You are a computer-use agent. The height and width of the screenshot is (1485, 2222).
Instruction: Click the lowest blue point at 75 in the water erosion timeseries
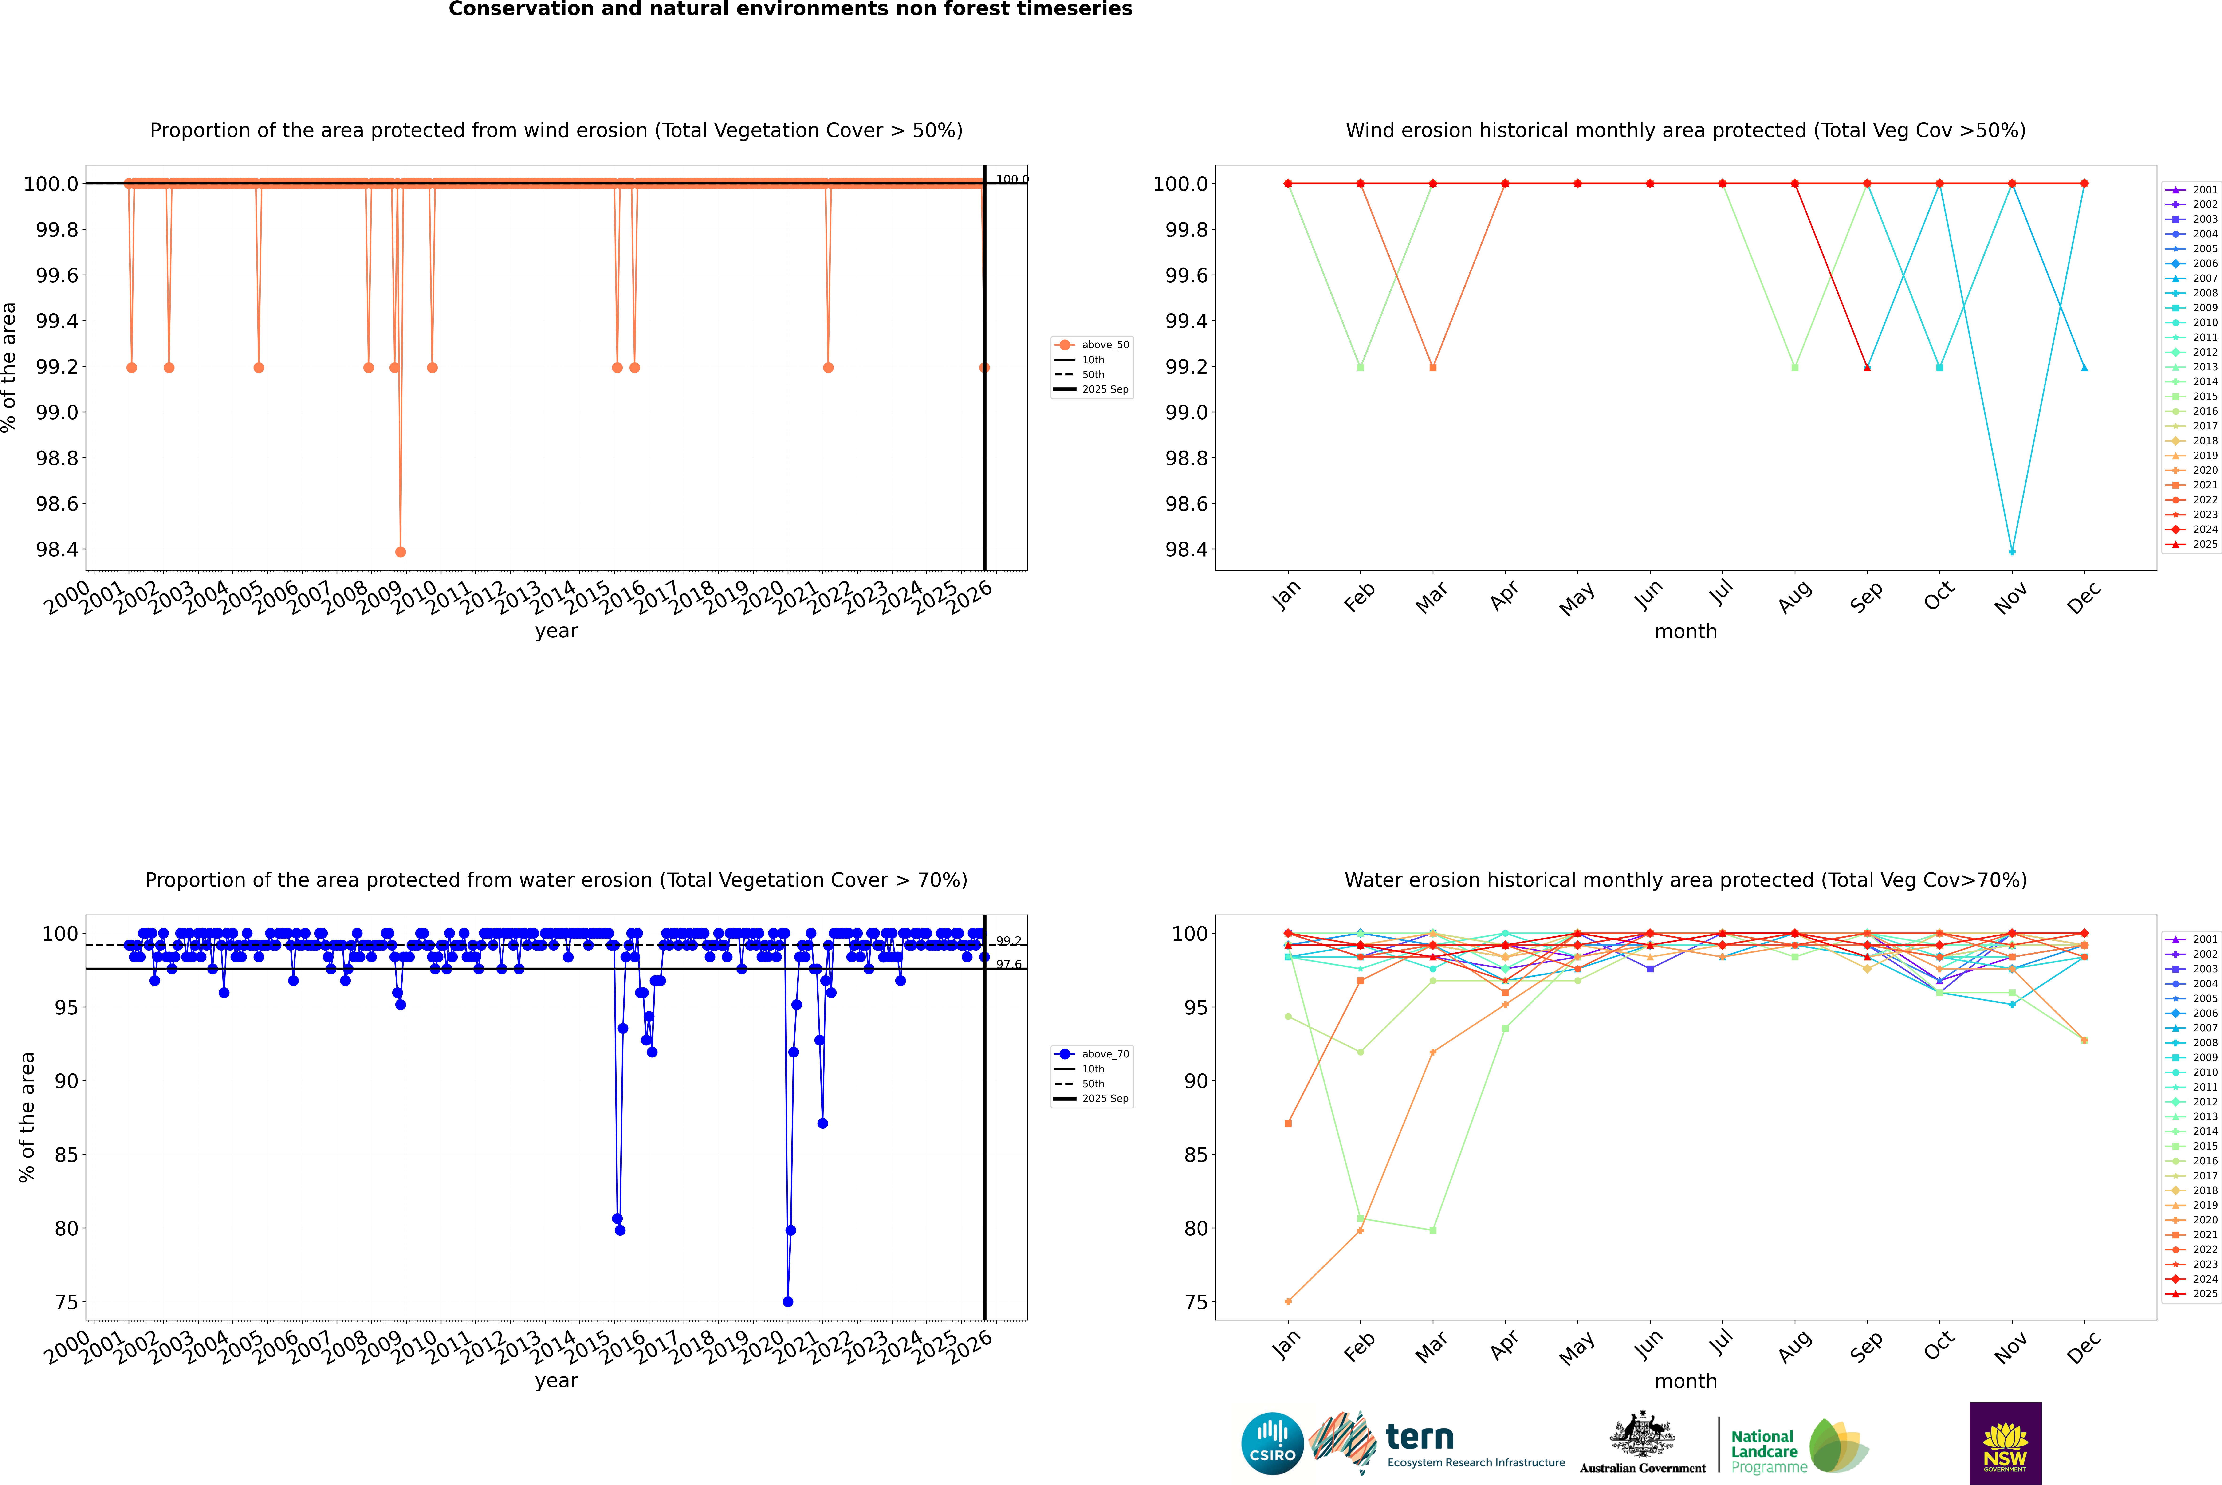click(788, 1301)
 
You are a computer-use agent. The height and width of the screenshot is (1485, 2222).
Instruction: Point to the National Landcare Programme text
click(1767, 1451)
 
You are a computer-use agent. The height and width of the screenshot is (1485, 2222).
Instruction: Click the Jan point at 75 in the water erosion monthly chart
click(1288, 1301)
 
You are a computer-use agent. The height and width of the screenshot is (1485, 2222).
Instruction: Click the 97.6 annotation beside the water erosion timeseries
click(1009, 965)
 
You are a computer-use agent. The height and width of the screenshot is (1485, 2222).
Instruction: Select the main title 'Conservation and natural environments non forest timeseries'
click(790, 9)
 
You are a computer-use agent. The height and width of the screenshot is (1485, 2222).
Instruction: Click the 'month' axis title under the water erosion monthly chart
click(1685, 1381)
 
